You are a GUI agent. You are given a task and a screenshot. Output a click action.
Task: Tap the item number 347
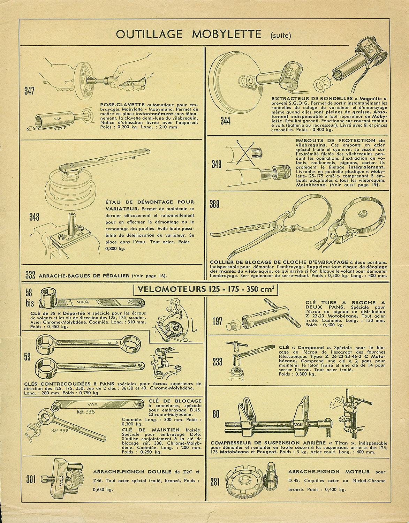pyautogui.click(x=29, y=91)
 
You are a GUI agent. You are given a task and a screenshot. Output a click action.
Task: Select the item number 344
pyautogui.click(x=226, y=121)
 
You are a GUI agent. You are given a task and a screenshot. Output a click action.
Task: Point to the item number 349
pyautogui.click(x=217, y=164)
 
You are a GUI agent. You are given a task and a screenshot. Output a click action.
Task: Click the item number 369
pyautogui.click(x=214, y=204)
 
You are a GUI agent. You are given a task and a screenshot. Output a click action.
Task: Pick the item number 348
pyautogui.click(x=34, y=217)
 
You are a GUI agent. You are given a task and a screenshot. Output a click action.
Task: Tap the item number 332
pyautogui.click(x=30, y=275)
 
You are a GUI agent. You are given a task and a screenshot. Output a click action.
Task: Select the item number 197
pyautogui.click(x=218, y=321)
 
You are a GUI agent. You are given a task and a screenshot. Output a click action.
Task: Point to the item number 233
pyautogui.click(x=218, y=362)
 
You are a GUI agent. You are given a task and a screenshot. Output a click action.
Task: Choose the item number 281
pyautogui.click(x=215, y=483)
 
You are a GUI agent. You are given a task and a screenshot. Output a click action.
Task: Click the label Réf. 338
pyautogui.click(x=86, y=411)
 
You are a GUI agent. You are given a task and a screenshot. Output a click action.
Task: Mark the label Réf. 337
pyautogui.click(x=60, y=431)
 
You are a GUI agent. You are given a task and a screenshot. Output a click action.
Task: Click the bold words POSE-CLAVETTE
pyautogui.click(x=122, y=105)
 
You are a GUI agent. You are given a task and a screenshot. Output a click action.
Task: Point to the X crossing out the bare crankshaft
pyautogui.click(x=245, y=153)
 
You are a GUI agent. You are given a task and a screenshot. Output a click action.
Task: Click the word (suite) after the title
pyautogui.click(x=281, y=36)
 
